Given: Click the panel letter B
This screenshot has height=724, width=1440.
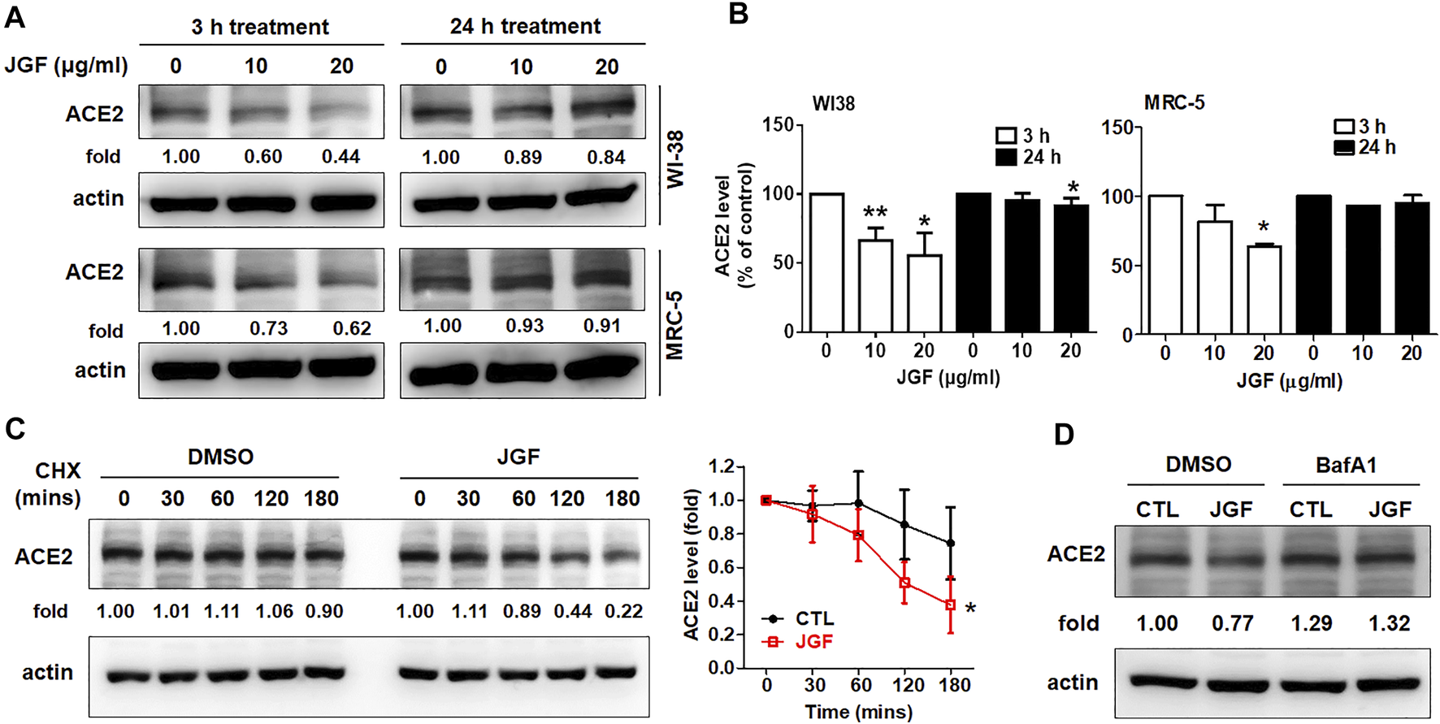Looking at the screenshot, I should [x=738, y=14].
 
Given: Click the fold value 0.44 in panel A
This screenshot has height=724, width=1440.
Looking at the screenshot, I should [x=340, y=156].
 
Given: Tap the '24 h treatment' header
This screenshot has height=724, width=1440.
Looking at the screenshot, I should [x=525, y=26].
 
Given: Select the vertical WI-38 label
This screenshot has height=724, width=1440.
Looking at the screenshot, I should [x=675, y=159].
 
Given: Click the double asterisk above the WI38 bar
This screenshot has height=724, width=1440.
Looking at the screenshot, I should [x=874, y=214].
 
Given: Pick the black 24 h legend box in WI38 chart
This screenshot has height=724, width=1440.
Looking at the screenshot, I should [x=1006, y=157].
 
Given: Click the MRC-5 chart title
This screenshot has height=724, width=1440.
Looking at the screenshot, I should [x=1173, y=103].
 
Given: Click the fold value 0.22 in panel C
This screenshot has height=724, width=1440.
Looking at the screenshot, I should [x=623, y=611].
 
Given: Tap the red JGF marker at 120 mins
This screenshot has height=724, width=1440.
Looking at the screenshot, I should [x=904, y=583].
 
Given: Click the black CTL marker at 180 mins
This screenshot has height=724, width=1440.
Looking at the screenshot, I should [x=951, y=543].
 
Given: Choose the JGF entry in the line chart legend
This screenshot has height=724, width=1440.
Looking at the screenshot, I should [x=813, y=642].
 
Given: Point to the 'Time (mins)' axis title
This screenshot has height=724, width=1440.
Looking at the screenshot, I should [x=858, y=712].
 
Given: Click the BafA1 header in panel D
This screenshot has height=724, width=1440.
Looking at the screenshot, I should [x=1346, y=465].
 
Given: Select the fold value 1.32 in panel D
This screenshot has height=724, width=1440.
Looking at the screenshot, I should [x=1389, y=623].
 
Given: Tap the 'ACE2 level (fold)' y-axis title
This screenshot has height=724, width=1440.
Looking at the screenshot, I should [x=692, y=565].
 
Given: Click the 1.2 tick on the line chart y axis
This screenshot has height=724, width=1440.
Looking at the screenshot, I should [x=722, y=466].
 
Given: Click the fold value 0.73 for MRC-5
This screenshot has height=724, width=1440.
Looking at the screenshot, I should [x=268, y=328].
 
